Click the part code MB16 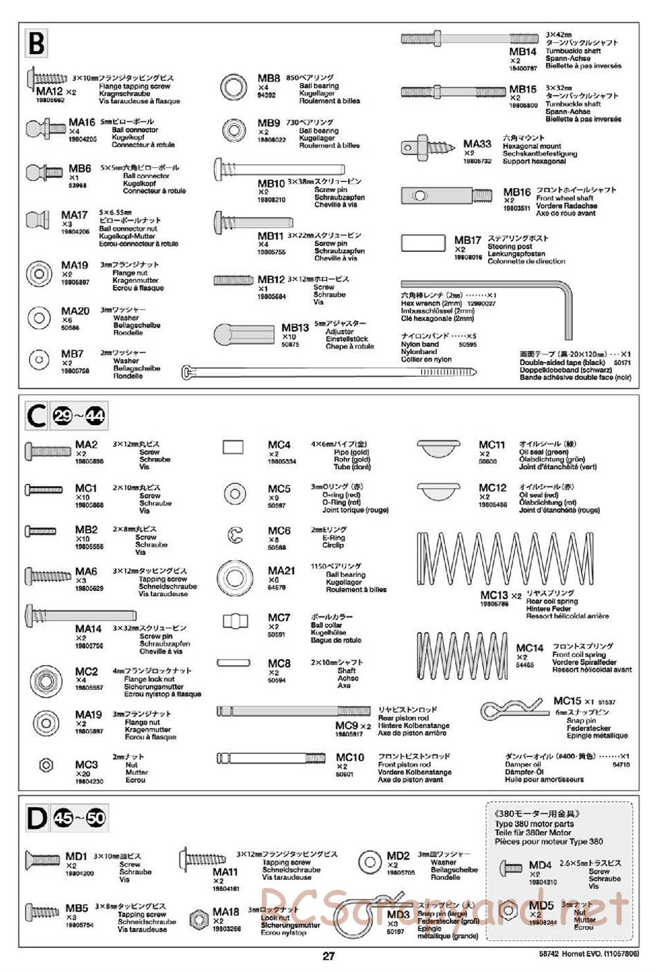(517, 192)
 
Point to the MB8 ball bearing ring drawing (233, 86)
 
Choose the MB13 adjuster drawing (243, 334)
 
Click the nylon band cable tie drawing (329, 373)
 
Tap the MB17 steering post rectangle (423, 243)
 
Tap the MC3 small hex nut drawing (47, 765)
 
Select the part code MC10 (349, 758)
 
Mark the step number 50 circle (96, 818)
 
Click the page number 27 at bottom (328, 957)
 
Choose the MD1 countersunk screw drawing (42, 858)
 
